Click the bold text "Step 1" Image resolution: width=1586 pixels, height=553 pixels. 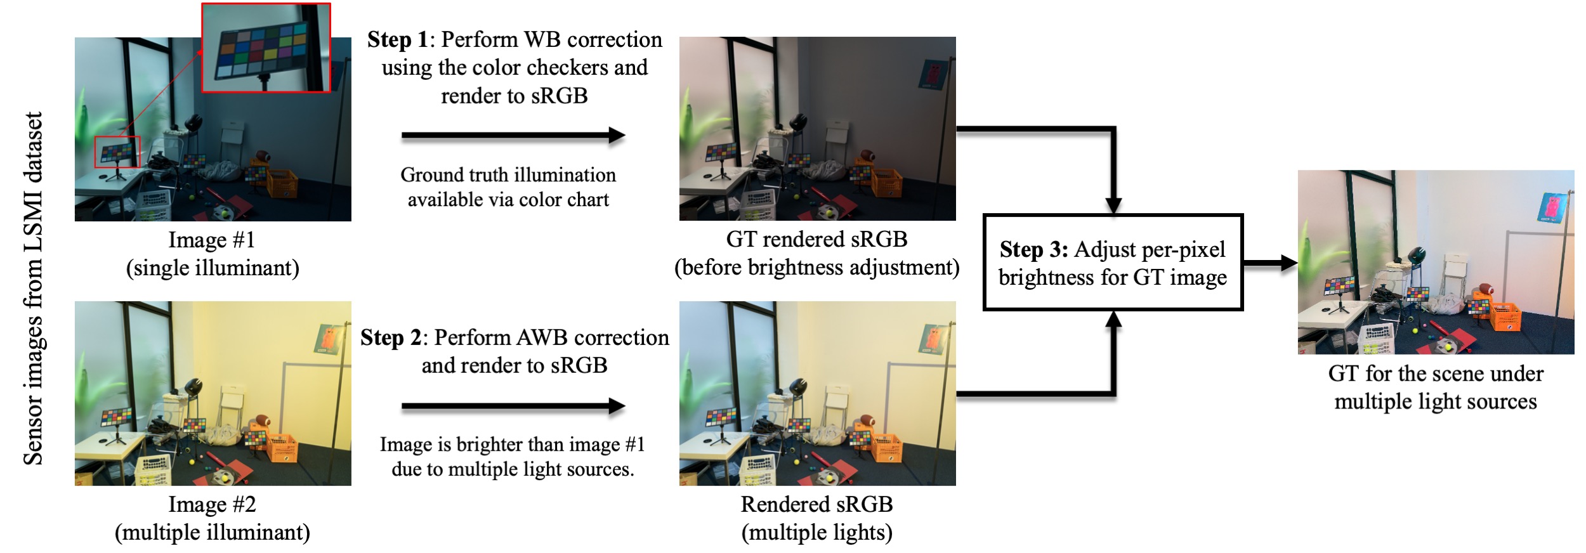[397, 40]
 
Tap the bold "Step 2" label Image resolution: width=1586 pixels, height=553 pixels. [391, 338]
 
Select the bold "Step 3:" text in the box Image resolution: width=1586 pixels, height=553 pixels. [1033, 250]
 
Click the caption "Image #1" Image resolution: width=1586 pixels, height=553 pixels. [212, 240]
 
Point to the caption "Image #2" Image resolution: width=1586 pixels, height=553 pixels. [212, 505]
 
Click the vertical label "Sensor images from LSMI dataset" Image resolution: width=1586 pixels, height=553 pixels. [33, 289]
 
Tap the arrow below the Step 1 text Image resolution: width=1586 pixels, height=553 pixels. [513, 135]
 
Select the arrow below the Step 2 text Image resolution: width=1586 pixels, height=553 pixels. [513, 406]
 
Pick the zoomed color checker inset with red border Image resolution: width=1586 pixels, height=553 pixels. [266, 48]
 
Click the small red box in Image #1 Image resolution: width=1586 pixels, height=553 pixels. [117, 152]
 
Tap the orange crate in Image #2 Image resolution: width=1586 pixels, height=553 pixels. [282, 447]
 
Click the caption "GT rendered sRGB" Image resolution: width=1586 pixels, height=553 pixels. [816, 240]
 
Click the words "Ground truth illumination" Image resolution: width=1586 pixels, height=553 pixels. [508, 175]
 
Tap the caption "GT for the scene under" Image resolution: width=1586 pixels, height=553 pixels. [1436, 374]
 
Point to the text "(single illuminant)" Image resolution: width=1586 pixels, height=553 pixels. [213, 268]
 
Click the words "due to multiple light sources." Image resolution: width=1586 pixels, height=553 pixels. [513, 470]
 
